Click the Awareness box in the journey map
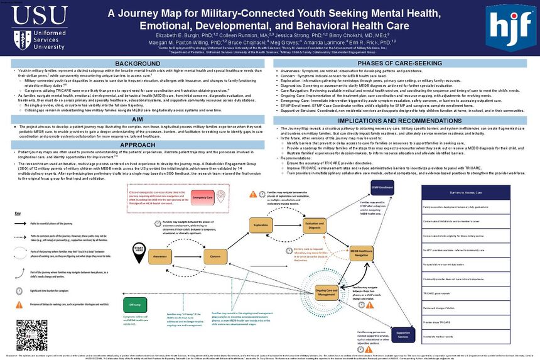[x=162, y=257]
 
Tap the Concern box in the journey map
[x=215, y=257]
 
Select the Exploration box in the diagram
[x=261, y=225]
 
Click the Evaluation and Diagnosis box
[x=314, y=225]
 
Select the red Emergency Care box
[x=203, y=197]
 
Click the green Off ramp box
[x=126, y=304]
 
